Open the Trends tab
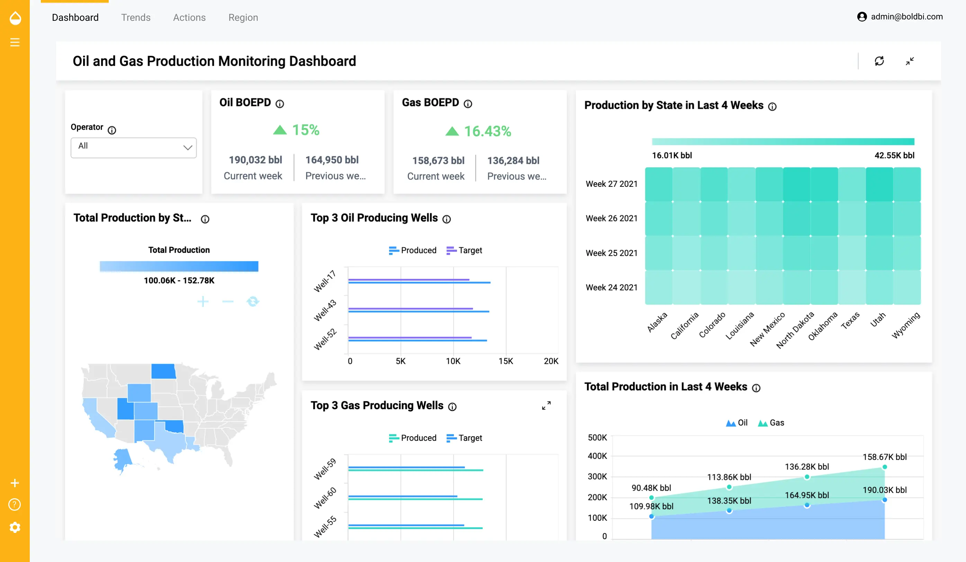(136, 17)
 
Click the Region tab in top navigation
(243, 17)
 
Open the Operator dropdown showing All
(133, 147)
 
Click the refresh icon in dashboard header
(879, 61)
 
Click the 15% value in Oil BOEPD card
(305, 130)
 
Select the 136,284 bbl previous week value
(513, 160)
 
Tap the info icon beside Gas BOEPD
(468, 104)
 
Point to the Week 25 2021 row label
(611, 253)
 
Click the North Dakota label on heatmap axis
(795, 330)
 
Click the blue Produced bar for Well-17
(419, 283)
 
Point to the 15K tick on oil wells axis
(505, 361)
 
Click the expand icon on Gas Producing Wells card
(546, 405)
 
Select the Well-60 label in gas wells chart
(325, 498)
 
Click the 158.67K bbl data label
(884, 457)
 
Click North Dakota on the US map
(163, 371)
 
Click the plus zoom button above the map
(203, 301)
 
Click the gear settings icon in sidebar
(15, 527)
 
